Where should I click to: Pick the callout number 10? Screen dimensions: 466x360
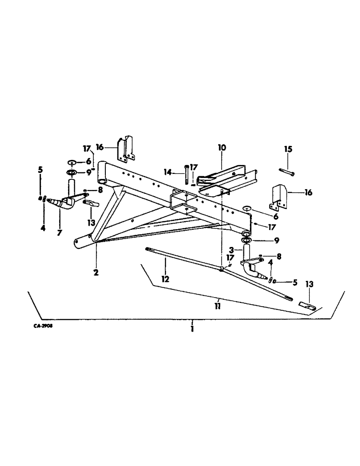pyautogui.click(x=222, y=148)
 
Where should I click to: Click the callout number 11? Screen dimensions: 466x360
pyautogui.click(x=218, y=307)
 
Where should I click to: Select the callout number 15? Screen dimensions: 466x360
pyautogui.click(x=288, y=149)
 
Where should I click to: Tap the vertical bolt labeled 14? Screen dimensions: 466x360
pyautogui.click(x=187, y=174)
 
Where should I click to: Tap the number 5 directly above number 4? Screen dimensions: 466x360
pyautogui.click(x=40, y=170)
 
